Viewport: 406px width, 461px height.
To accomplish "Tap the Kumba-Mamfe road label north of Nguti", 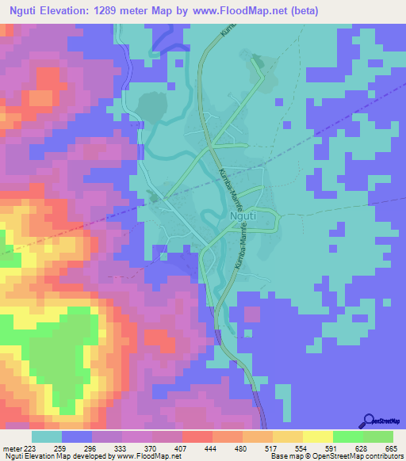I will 227,182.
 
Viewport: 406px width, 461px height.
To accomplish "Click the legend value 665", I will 389,448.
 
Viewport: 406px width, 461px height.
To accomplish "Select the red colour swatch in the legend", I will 196,436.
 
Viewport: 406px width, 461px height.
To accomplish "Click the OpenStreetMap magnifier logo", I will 368,421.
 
